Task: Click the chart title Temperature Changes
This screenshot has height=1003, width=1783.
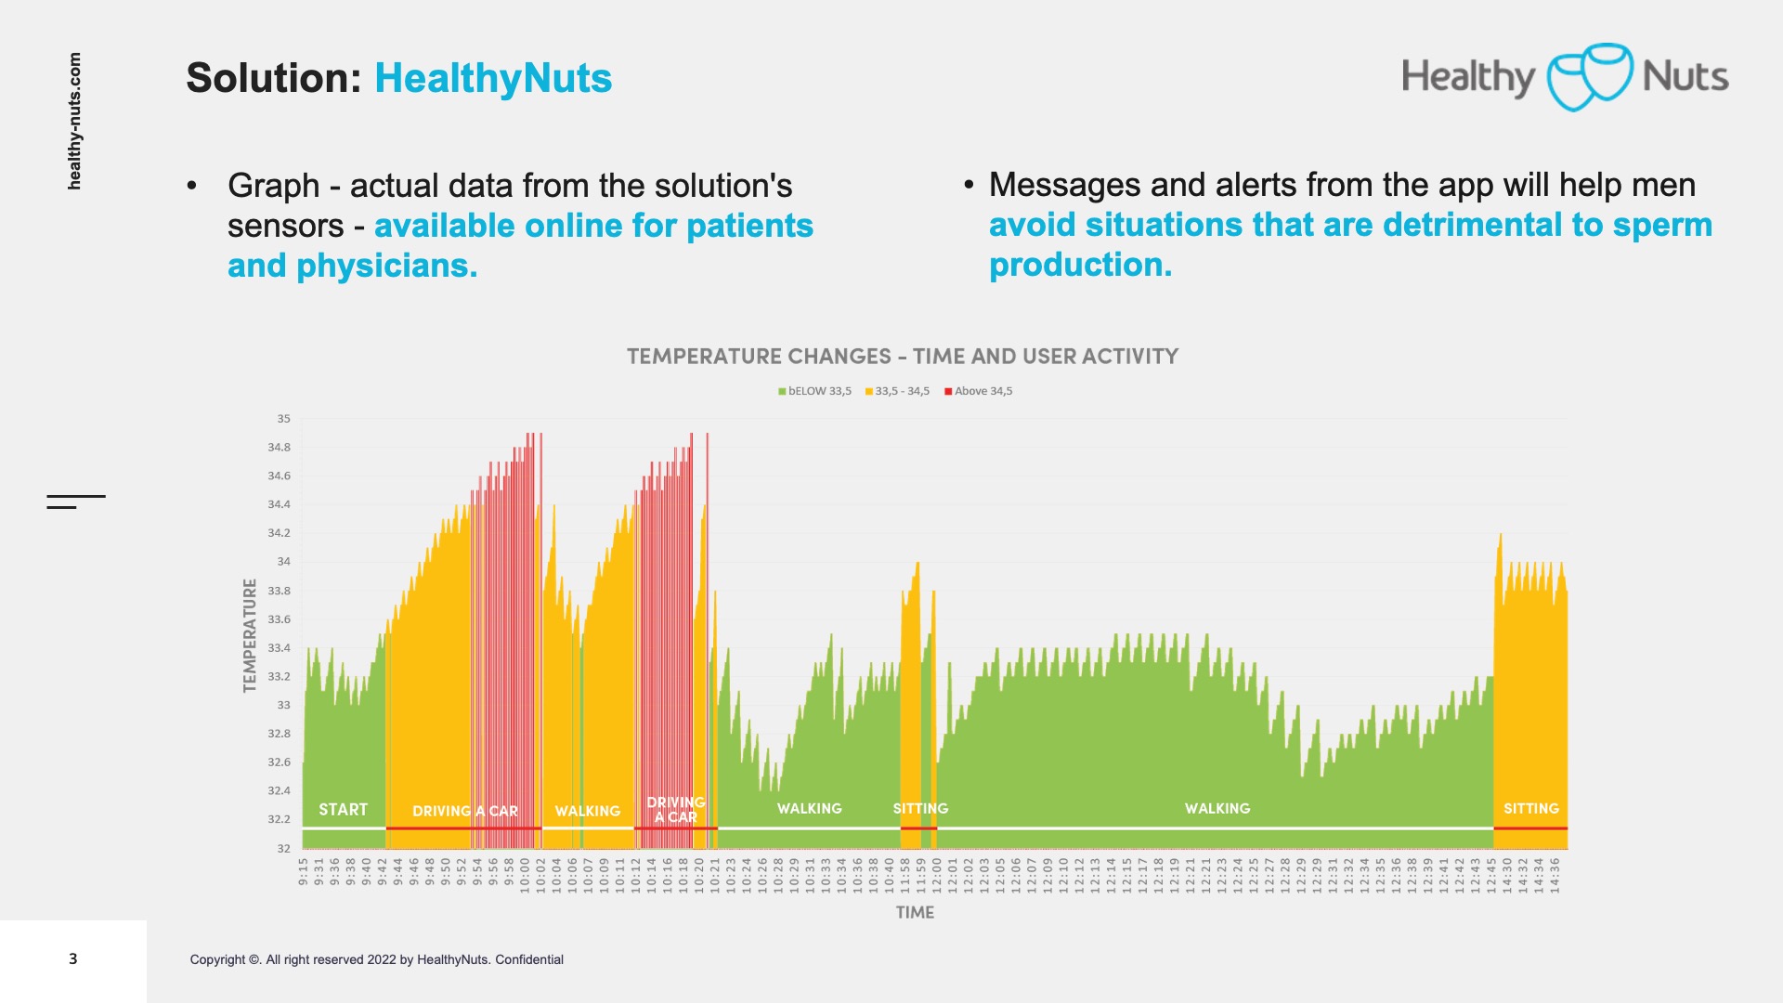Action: point(902,357)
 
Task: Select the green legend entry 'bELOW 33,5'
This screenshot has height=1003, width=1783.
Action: point(815,391)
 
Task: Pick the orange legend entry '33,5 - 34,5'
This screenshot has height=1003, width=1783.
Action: point(897,391)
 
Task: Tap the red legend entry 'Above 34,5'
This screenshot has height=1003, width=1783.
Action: point(979,391)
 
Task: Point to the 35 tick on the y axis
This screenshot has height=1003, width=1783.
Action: point(283,419)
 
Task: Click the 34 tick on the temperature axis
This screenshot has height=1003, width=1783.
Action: point(283,562)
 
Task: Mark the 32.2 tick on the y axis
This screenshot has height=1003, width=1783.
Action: point(279,819)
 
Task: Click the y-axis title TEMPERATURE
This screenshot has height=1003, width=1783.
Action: point(250,635)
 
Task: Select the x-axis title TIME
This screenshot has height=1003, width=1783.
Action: point(915,913)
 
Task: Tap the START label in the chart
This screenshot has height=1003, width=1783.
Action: point(344,810)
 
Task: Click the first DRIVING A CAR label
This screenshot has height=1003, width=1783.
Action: point(465,811)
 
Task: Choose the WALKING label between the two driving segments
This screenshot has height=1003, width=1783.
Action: point(588,811)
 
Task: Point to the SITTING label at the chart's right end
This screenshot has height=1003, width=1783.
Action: point(1531,809)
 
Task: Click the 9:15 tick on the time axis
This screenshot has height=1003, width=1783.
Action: point(304,871)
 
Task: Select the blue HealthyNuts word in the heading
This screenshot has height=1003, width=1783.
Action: point(493,78)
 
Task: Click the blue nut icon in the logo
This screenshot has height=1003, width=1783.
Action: point(1589,77)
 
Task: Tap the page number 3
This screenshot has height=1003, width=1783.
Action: point(73,958)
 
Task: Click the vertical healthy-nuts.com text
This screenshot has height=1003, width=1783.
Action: point(74,121)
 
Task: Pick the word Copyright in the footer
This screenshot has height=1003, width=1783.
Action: point(218,959)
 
